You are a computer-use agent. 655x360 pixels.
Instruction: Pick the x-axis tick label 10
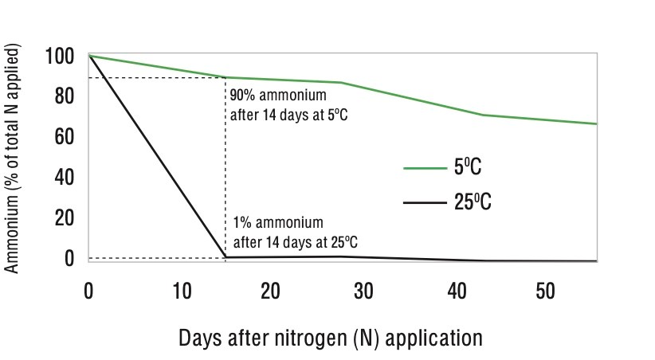[x=181, y=292]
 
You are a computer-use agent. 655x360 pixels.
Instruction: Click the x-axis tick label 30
[x=363, y=292]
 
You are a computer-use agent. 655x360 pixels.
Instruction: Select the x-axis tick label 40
[x=455, y=292]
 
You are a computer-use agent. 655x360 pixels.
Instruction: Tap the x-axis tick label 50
[x=546, y=292]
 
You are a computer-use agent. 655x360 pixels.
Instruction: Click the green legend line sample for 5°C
[x=424, y=169]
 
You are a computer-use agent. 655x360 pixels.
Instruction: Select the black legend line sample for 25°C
[x=424, y=203]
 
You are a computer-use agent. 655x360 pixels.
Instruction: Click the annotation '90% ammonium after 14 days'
[x=288, y=104]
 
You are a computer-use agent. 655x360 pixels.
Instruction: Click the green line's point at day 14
[x=226, y=77]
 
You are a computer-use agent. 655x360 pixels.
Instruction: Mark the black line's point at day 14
[x=226, y=257]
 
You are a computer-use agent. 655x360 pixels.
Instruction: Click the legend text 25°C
[x=473, y=203]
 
